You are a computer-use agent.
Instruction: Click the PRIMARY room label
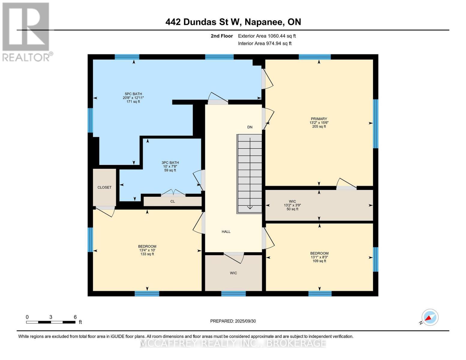pyautogui.click(x=319, y=119)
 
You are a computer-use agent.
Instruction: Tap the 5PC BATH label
pyautogui.click(x=133, y=94)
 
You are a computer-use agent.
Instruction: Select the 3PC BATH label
pyautogui.click(x=170, y=163)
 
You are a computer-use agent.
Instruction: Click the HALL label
pyautogui.click(x=226, y=232)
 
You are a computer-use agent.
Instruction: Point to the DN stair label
pyautogui.click(x=250, y=127)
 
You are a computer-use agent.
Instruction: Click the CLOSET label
pyautogui.click(x=104, y=187)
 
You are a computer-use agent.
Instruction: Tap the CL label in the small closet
pyautogui.click(x=173, y=201)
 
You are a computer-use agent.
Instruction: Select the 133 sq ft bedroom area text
pyautogui.click(x=147, y=254)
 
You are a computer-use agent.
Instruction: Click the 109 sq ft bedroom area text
pyautogui.click(x=319, y=261)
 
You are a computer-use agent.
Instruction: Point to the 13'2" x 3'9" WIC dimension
pyautogui.click(x=292, y=205)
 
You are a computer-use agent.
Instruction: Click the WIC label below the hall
pyautogui.click(x=233, y=273)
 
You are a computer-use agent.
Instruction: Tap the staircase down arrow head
pyautogui.click(x=250, y=208)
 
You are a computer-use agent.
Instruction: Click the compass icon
pyautogui.click(x=430, y=317)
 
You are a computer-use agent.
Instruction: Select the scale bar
pyautogui.click(x=51, y=322)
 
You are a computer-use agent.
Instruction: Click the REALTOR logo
pyautogui.click(x=26, y=31)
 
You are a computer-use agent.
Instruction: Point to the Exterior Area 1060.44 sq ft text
pyautogui.click(x=267, y=36)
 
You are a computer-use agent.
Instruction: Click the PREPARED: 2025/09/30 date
pyautogui.click(x=233, y=321)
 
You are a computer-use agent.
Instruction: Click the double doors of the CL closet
pyautogui.click(x=173, y=193)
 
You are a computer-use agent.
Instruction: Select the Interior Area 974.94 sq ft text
pyautogui.click(x=265, y=43)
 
